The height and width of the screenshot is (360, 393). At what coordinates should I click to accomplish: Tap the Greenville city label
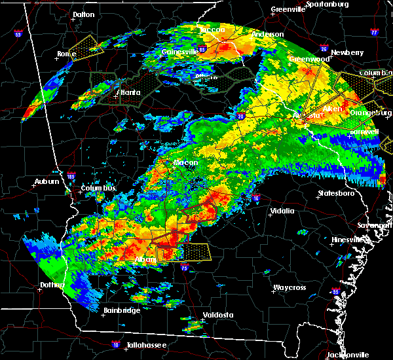288,10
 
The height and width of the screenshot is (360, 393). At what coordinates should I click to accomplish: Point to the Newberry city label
348,52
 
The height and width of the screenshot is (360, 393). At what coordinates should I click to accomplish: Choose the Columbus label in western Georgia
99,189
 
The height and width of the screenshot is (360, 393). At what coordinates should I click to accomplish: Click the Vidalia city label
282,211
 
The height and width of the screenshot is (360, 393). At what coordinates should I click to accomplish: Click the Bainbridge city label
122,310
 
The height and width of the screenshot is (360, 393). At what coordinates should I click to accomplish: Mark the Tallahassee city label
146,344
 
